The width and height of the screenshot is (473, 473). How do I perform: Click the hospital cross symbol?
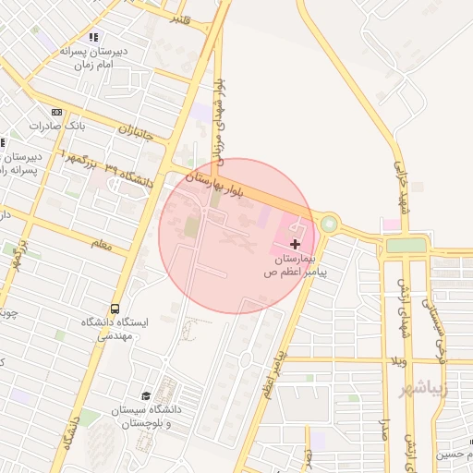click(295, 244)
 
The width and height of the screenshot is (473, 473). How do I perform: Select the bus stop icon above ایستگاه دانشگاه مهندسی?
click(115, 308)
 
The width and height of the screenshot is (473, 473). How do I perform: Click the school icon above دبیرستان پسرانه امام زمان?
click(92, 37)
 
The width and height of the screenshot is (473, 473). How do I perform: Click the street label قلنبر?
click(181, 18)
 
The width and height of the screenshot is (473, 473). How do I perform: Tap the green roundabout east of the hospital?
click(328, 224)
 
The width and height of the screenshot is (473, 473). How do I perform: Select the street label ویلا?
click(398, 361)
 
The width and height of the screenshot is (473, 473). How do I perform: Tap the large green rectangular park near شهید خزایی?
click(406, 245)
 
